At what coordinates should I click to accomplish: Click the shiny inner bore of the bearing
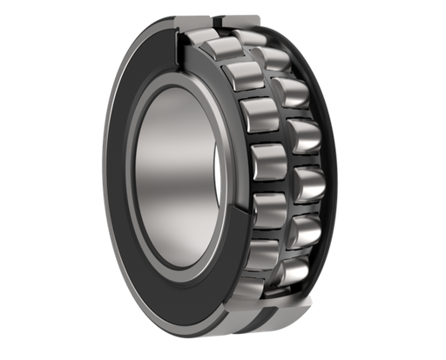174,174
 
